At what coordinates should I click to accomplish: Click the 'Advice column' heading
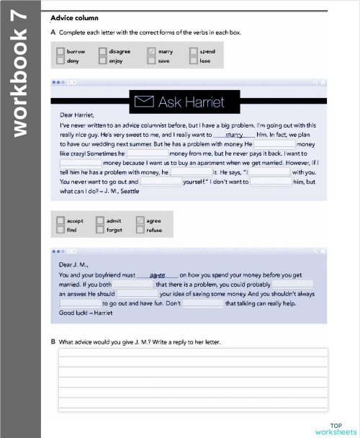click(75, 17)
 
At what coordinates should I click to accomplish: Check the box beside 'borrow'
click(60, 52)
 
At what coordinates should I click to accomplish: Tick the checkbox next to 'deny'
click(60, 61)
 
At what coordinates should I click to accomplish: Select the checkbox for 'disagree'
click(103, 52)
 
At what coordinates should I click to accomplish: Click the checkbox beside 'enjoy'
click(103, 61)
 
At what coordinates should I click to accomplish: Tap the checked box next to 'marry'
click(151, 52)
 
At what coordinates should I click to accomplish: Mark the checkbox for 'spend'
click(193, 52)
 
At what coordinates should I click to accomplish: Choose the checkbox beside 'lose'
click(193, 61)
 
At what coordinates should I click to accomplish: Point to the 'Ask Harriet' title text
click(191, 102)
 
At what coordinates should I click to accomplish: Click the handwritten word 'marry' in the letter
click(234, 134)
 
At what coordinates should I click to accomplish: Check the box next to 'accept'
click(60, 221)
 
